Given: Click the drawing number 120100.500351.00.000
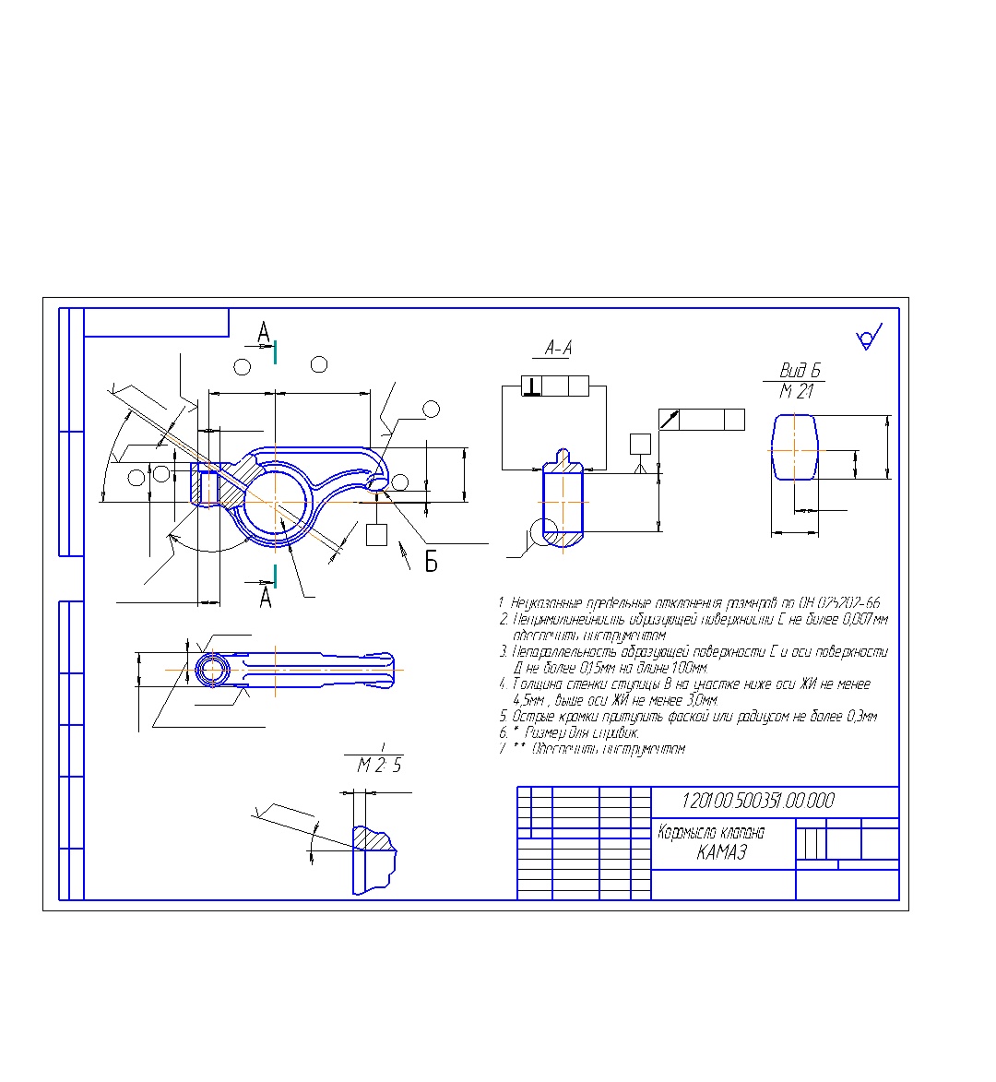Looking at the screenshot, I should tap(757, 801).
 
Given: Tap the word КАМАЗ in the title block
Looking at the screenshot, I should tap(721, 852).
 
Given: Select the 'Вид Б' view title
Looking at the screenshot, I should tap(800, 371).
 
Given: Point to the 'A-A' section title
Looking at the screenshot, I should tap(558, 348).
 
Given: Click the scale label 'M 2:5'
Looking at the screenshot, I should tap(379, 766).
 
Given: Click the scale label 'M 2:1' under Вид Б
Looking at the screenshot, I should tap(797, 392).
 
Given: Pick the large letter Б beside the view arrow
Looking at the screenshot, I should tap(431, 562).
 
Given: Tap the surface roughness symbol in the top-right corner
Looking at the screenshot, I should tap(870, 338).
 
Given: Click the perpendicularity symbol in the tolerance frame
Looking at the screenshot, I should tap(532, 386).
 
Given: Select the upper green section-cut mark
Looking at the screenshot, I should tap(275, 351).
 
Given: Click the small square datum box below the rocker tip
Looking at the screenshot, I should tap(375, 534).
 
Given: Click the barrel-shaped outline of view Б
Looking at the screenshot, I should tap(794, 446).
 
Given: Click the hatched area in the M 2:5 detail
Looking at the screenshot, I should tap(373, 839).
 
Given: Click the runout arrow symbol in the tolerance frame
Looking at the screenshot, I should tap(670, 420).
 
